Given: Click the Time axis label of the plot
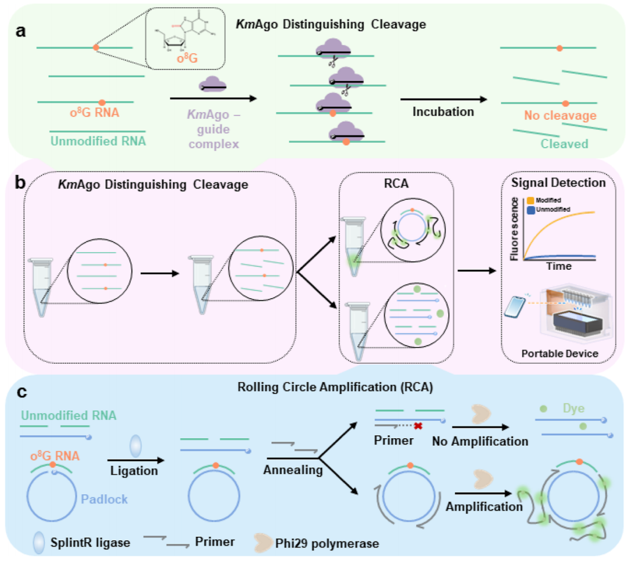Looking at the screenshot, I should pos(558,266).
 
